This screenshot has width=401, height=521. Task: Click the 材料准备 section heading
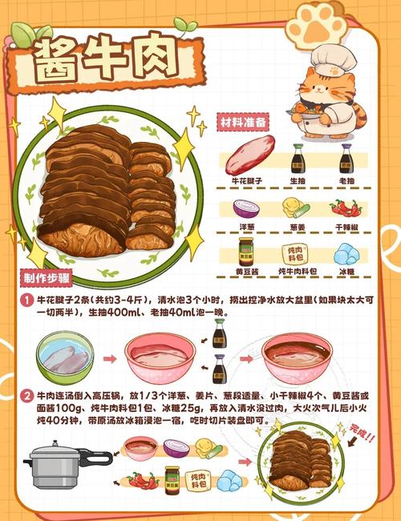coord(244,123)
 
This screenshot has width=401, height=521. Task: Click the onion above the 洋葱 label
coord(245,209)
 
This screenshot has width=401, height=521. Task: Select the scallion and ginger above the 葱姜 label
coord(294,209)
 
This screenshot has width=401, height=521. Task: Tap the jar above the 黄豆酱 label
coord(246,252)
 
